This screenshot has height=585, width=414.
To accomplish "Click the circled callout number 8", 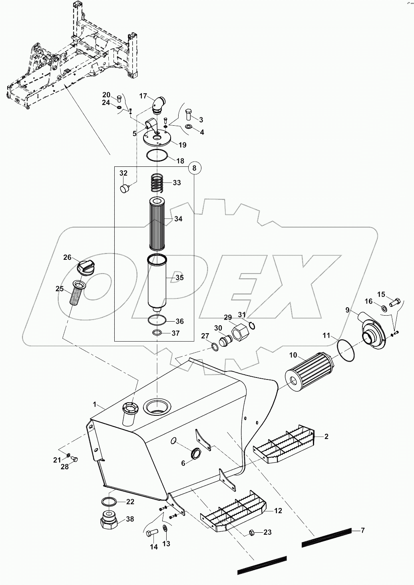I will [195, 168].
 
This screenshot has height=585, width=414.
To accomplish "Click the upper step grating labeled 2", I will [285, 445].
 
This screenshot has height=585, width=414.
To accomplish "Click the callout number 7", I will [362, 530].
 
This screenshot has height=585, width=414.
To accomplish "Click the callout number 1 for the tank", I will [95, 405].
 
